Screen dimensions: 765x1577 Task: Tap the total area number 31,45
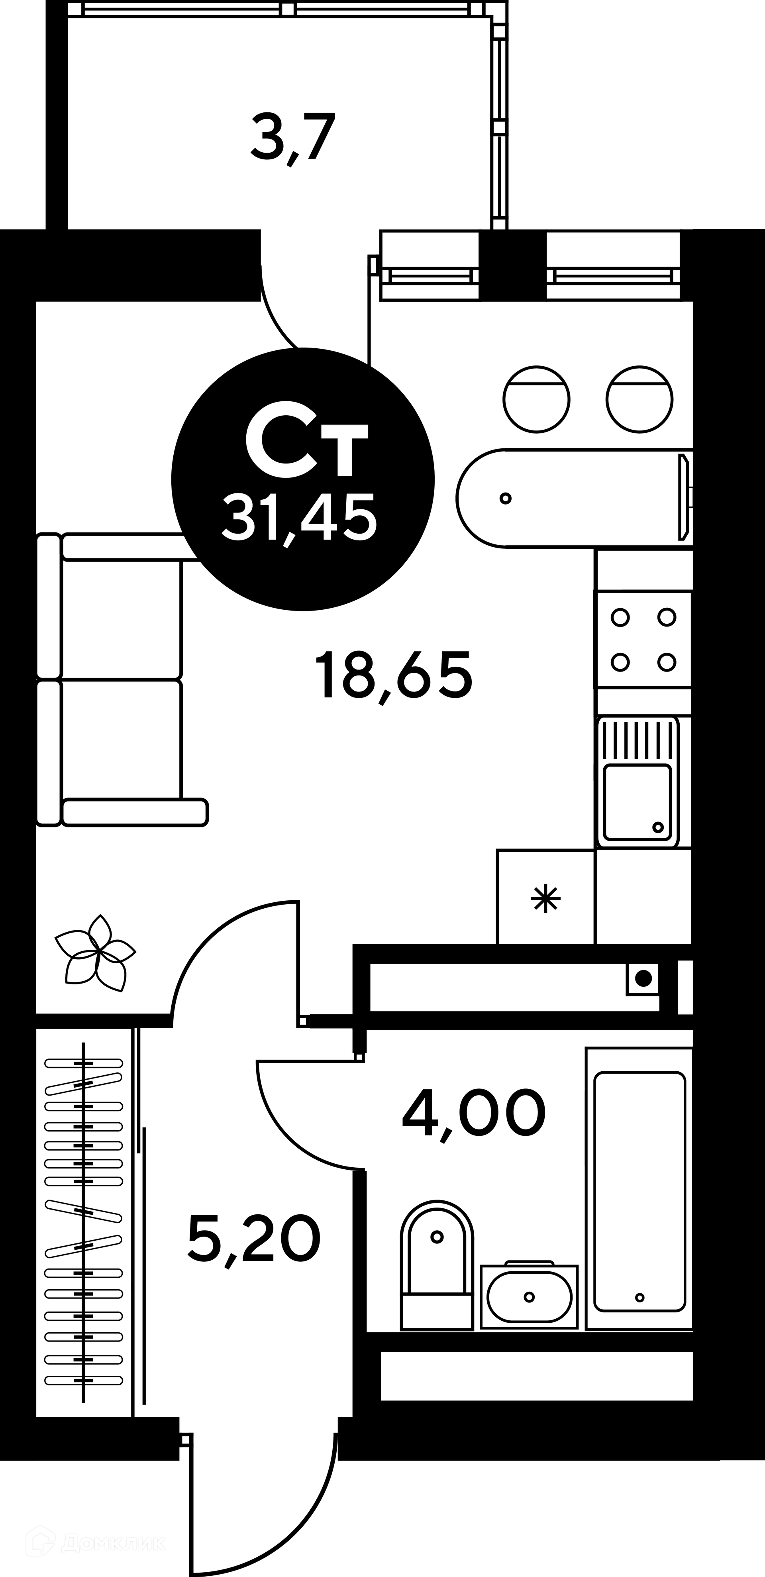pyautogui.click(x=299, y=518)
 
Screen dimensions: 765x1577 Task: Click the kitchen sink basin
pyautogui.click(x=638, y=802)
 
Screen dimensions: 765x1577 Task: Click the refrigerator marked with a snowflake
pyautogui.click(x=545, y=898)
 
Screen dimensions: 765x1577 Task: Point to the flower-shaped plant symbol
pyautogui.click(x=96, y=953)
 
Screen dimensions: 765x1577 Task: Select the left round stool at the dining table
pyautogui.click(x=536, y=399)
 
